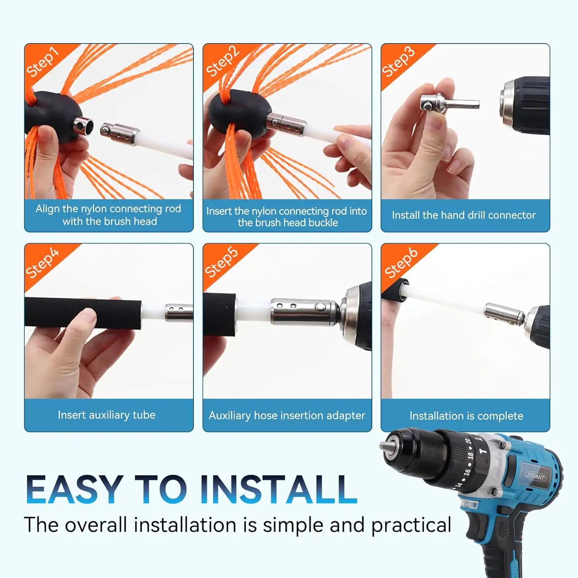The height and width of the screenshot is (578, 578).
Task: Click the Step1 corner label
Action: (x=42, y=62)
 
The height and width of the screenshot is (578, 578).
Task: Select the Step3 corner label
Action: (x=398, y=62)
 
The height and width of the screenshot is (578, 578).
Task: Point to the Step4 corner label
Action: (x=42, y=263)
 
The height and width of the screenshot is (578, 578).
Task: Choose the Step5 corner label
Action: (x=221, y=262)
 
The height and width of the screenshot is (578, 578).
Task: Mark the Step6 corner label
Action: (x=401, y=263)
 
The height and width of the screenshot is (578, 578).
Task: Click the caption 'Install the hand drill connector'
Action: (x=464, y=215)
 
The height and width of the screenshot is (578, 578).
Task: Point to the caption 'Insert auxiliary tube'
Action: (x=107, y=415)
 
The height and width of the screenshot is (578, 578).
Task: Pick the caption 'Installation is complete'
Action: (x=466, y=416)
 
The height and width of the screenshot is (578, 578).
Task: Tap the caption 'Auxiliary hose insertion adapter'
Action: (x=287, y=415)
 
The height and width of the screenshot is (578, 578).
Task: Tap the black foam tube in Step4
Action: (x=83, y=313)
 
